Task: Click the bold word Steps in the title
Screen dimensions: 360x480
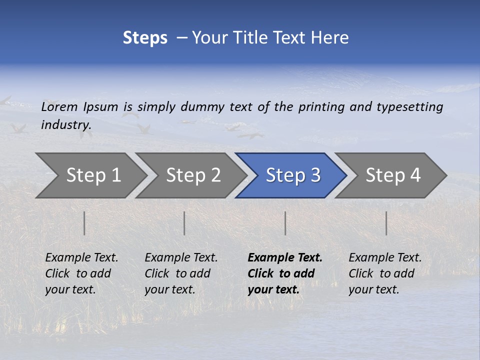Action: tap(145, 38)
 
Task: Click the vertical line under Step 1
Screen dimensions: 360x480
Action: tap(84, 223)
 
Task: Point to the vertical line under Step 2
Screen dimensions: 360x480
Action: tap(184, 223)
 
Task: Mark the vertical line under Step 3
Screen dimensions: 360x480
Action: tap(285, 223)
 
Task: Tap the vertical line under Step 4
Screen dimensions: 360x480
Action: tap(386, 223)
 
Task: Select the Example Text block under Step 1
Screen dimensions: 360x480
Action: tap(81, 273)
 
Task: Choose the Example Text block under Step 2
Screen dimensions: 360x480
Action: tap(181, 273)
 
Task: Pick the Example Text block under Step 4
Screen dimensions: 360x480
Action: tap(385, 273)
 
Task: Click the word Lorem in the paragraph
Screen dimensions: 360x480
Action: tap(59, 107)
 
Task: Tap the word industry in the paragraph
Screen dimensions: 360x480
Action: tap(65, 125)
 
